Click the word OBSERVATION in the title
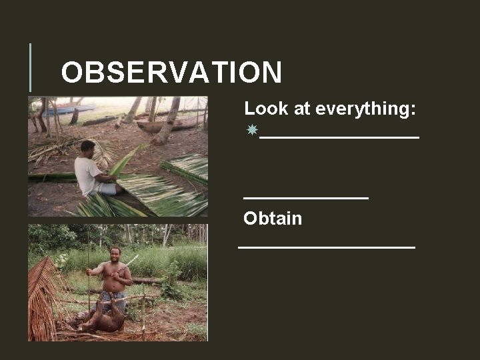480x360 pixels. [171, 73]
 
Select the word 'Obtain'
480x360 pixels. [273, 219]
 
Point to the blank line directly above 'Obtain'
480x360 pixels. [305, 197]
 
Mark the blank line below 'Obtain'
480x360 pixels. [327, 247]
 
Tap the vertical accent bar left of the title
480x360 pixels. [30, 67]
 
